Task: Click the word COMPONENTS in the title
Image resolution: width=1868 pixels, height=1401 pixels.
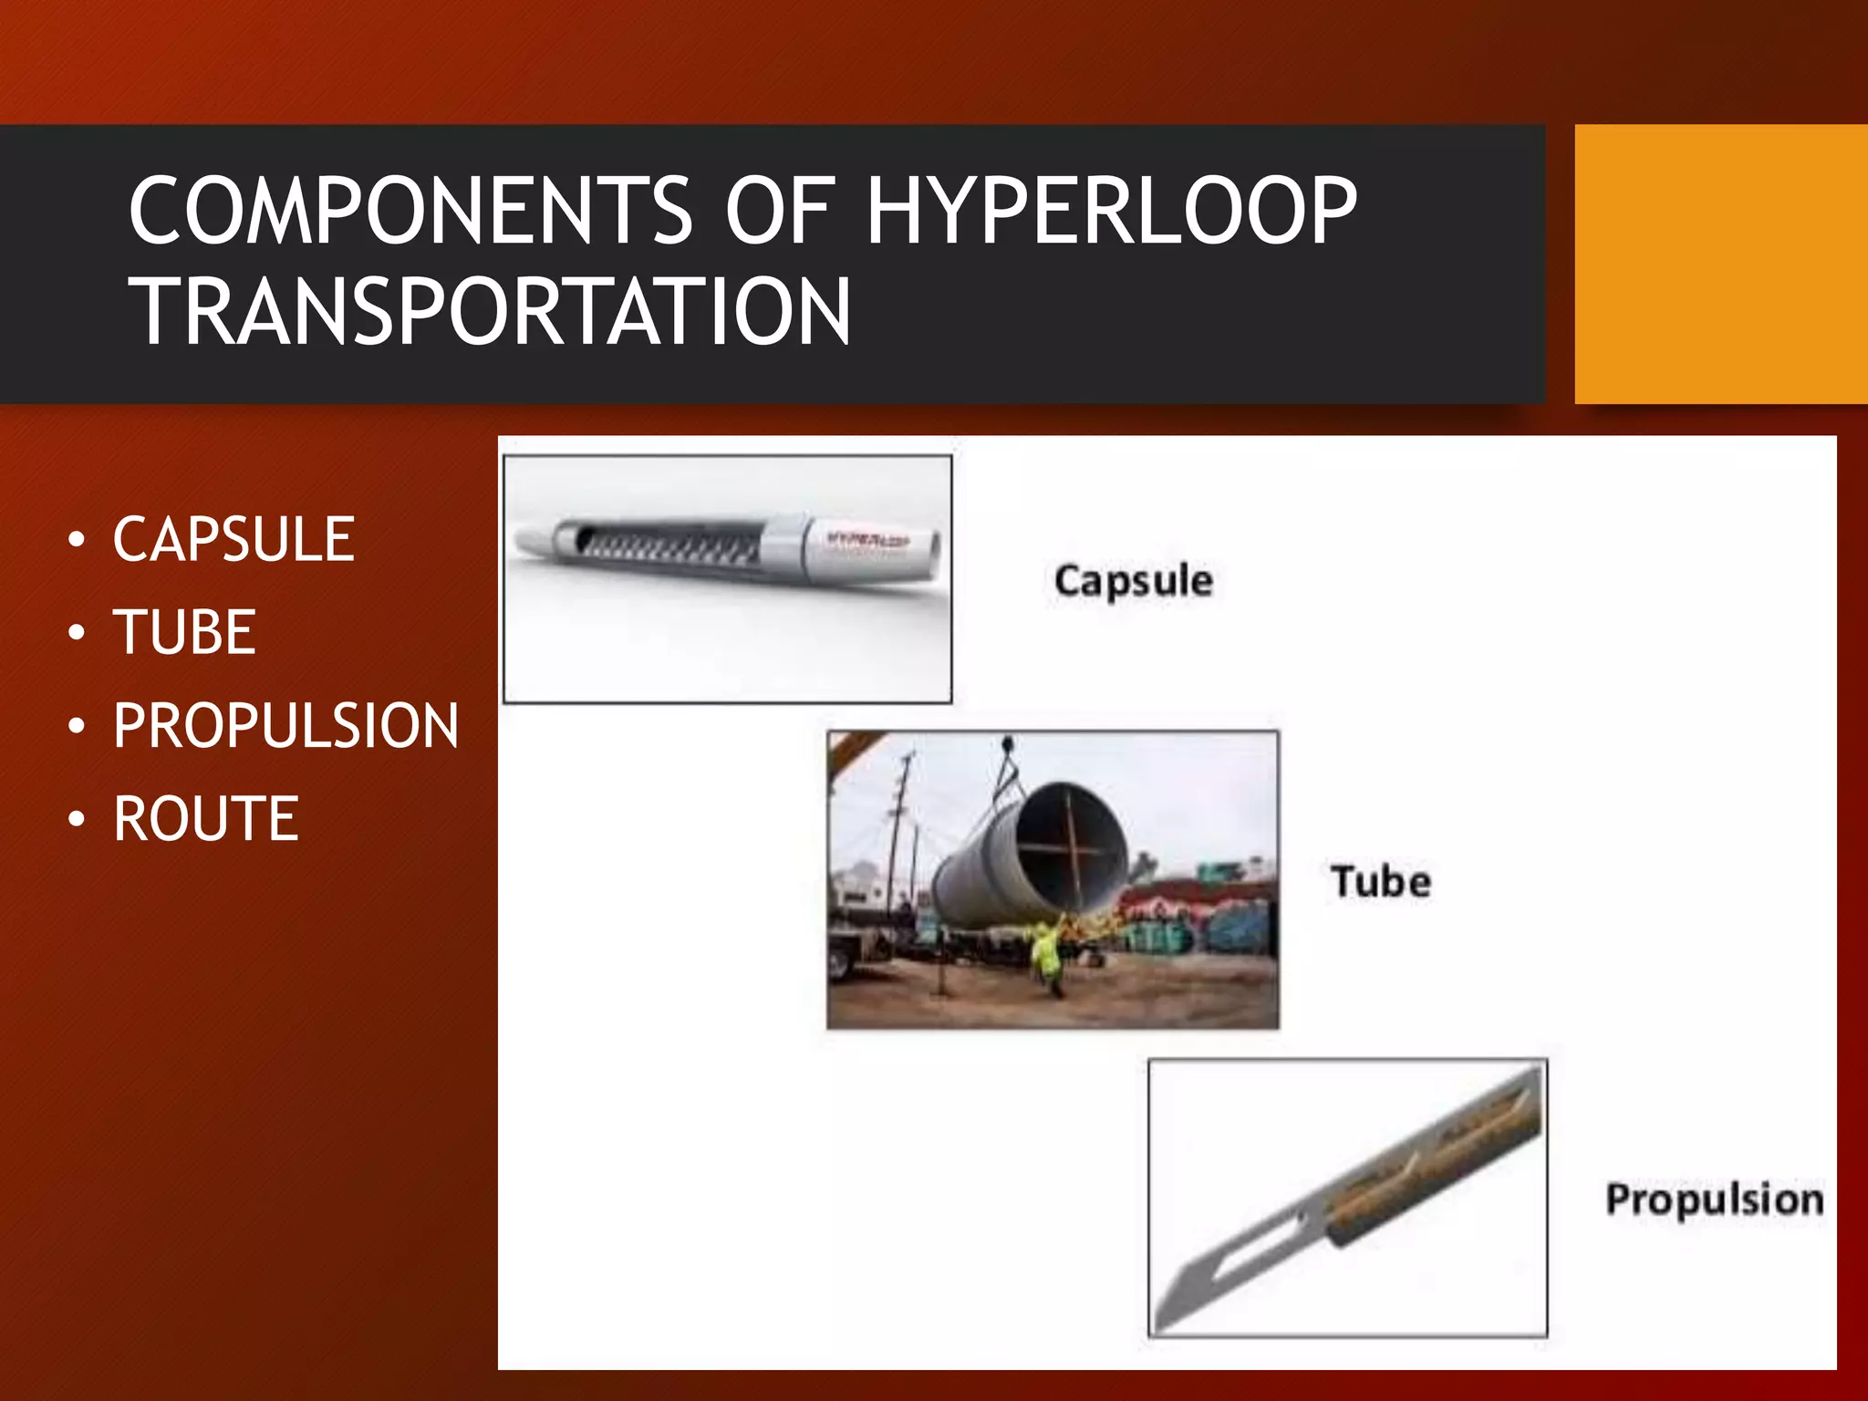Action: pos(411,212)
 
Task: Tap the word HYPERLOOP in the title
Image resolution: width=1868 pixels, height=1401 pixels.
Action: pos(1111,212)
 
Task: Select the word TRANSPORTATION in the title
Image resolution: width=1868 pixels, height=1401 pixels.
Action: pos(493,312)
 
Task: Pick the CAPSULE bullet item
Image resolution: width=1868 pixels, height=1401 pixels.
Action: pos(233,539)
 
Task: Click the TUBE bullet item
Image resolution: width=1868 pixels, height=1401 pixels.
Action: pos(184,632)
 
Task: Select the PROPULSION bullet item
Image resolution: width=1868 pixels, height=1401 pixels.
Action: pos(285,726)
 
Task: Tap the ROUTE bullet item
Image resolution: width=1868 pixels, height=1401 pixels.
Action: pos(206,819)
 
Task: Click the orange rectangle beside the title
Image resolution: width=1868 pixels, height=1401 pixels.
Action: pos(1720,264)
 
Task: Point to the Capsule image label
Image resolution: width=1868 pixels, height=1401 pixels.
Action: pos(1133,581)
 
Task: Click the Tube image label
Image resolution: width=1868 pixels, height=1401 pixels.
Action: pos(1381,882)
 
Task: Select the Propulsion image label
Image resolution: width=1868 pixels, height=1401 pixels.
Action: pos(1715,1199)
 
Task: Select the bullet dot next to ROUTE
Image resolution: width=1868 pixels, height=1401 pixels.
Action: pos(78,819)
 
